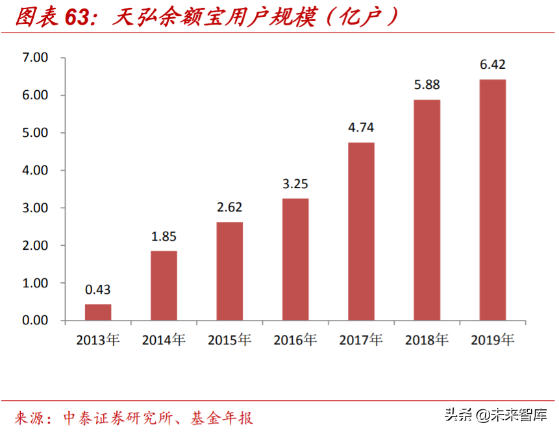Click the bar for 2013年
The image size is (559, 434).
pos(98,312)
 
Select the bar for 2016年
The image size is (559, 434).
pos(295,259)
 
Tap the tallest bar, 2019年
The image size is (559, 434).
pos(492,200)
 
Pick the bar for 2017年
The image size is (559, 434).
pos(361,232)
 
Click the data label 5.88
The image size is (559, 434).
pos(427,84)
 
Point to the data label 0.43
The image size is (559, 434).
pos(98,289)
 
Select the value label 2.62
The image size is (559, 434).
pos(229,208)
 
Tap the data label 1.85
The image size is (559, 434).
pos(164,236)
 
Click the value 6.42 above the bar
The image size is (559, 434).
pos(492,64)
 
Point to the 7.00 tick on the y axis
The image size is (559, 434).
pos(35,58)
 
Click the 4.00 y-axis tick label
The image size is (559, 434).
pos(35,171)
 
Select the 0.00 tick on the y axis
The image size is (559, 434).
pos(35,320)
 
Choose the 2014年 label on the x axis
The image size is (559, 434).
pos(164,339)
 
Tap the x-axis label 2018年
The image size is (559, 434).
pos(427,339)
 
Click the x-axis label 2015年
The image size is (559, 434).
pos(229,339)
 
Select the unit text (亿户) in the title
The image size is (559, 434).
pos(360,18)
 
